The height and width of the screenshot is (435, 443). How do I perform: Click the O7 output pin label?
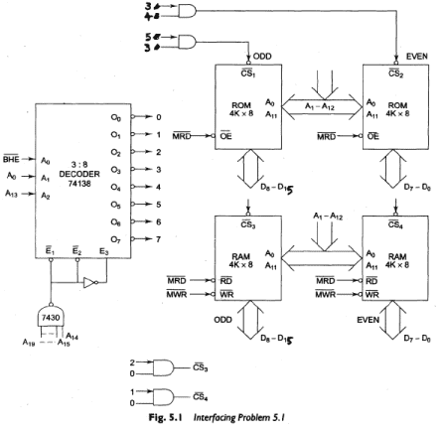pos(116,238)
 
